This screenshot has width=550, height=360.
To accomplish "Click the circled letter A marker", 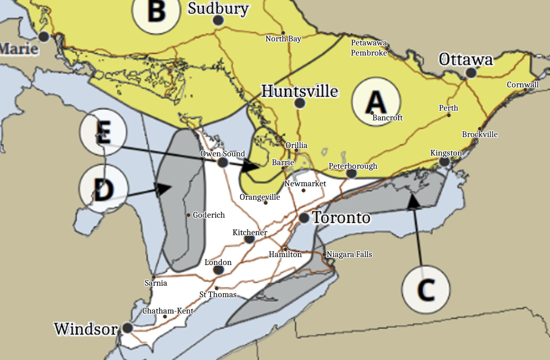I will point(376,102).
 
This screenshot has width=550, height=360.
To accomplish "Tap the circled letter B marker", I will point(156,11).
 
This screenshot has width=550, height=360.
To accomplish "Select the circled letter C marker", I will point(426,290).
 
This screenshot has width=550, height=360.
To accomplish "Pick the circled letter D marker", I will point(103,189).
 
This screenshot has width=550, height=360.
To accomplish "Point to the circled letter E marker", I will point(103,133).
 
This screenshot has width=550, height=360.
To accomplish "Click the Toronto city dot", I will point(304,218).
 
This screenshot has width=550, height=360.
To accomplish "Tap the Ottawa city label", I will point(466,60).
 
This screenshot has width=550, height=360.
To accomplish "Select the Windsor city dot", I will point(128,328).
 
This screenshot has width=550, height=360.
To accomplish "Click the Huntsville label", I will point(300,91).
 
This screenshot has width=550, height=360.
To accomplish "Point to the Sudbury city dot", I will point(218,20).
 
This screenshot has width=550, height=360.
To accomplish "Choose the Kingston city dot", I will point(444,161).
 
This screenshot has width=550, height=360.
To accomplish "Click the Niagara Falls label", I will point(349,254).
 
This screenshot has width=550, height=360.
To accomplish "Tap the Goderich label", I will point(209,215).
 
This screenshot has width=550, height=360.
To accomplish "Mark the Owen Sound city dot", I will point(223,162).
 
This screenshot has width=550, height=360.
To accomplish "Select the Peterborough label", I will point(353,166).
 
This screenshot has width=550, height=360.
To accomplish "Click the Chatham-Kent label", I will point(168,311).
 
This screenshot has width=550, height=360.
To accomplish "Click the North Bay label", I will point(283,39).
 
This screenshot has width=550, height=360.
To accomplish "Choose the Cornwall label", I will point(523,85).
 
